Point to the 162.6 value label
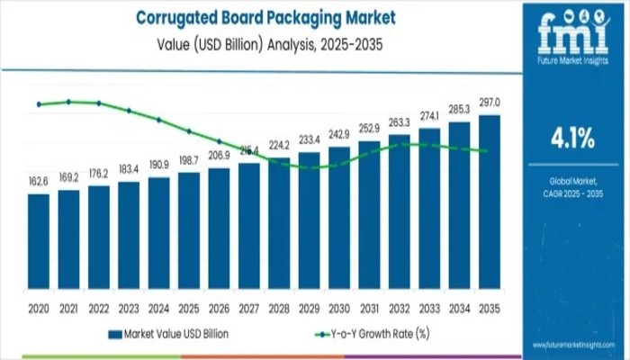[39, 182]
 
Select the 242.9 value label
[340, 134]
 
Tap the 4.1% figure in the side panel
[571, 139]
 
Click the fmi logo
[571, 36]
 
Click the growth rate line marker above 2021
[68, 102]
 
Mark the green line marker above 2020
[39, 104]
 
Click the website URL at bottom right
[571, 346]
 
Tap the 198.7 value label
[189, 159]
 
